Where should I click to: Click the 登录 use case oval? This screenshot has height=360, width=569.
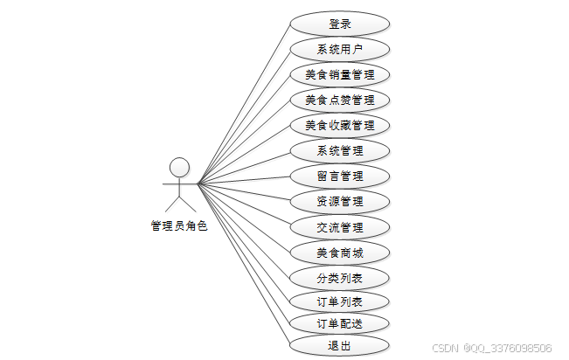[339, 24]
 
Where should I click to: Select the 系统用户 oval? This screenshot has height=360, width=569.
[339, 49]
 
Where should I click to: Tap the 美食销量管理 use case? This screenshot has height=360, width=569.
[339, 74]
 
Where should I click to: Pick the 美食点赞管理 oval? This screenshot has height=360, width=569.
[339, 100]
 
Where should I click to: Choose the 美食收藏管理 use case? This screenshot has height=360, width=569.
[339, 125]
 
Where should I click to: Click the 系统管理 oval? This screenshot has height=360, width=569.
[339, 150]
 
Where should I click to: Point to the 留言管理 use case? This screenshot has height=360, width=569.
[339, 176]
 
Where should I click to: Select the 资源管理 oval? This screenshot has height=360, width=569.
[339, 202]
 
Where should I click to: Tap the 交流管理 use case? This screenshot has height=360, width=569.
[339, 227]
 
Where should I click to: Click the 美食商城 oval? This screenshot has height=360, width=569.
[339, 253]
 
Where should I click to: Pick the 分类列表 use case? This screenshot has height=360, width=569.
[339, 279]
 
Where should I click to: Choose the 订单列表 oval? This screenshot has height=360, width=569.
[339, 302]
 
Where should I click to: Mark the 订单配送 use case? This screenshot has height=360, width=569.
[339, 323]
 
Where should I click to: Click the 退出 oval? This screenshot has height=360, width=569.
[339, 346]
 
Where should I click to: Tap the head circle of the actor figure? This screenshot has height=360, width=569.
[179, 166]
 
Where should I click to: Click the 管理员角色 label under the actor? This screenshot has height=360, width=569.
[179, 225]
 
